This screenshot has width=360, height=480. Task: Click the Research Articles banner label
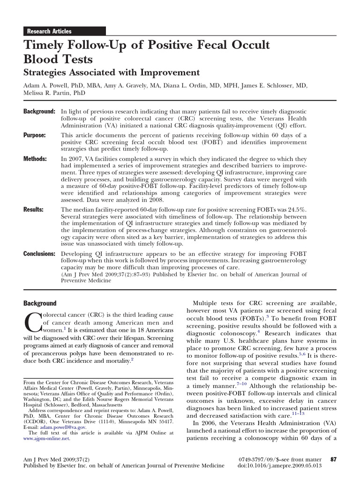(49, 31)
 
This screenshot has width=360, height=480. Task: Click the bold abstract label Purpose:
(35, 135)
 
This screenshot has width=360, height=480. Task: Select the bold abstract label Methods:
(35, 159)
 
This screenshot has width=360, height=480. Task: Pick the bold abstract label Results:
(34, 210)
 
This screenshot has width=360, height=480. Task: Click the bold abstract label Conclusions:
(39, 254)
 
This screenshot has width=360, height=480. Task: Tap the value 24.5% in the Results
(296, 210)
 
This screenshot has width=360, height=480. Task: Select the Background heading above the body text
(40, 303)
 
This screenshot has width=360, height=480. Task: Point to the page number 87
(334, 459)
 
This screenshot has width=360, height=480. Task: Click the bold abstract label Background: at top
(39, 112)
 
